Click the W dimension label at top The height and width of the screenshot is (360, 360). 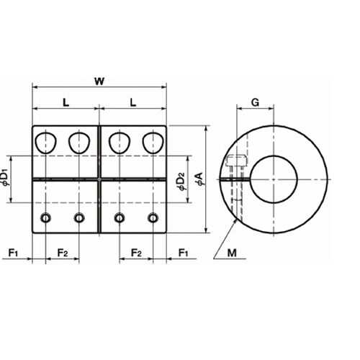tap(99, 81)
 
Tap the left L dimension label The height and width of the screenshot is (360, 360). tap(66, 103)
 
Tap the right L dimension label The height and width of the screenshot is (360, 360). tap(133, 103)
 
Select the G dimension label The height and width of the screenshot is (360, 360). tap(255, 103)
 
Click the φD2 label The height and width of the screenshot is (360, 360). tap(182, 181)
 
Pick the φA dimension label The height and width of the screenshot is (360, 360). tap(200, 179)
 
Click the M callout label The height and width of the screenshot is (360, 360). tap(232, 253)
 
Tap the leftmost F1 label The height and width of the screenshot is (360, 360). tap(13, 253)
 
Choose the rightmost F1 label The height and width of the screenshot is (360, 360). tap(183, 253)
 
